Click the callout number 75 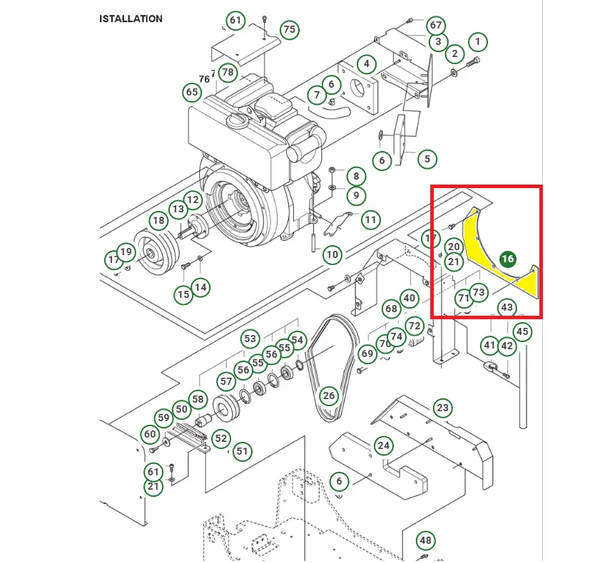(x=289, y=30)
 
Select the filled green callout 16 (x=507, y=259)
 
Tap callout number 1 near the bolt (x=477, y=42)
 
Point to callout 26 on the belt (x=328, y=395)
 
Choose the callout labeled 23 (x=443, y=408)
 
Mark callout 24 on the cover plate (x=384, y=446)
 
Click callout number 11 (x=370, y=219)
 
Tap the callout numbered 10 (x=332, y=254)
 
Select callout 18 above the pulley (x=158, y=220)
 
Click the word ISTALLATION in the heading (x=131, y=19)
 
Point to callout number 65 (x=192, y=92)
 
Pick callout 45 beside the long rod (x=522, y=331)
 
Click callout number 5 (x=427, y=159)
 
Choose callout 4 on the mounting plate (x=366, y=64)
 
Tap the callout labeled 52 (x=221, y=438)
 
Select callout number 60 (x=150, y=434)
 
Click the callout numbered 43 (x=507, y=308)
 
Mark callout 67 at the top (x=436, y=25)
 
